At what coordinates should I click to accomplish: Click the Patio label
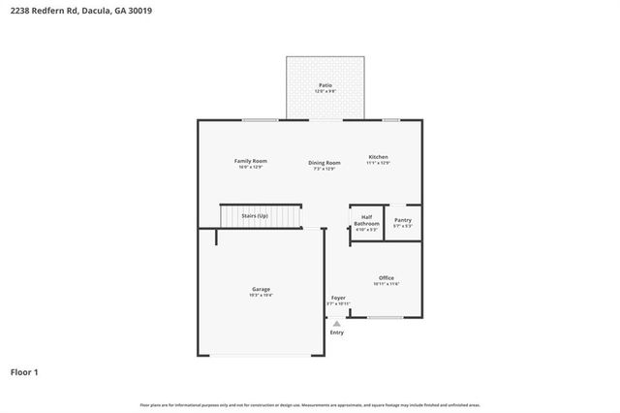(325, 85)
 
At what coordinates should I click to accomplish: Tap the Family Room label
(251, 161)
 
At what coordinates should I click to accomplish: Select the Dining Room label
(325, 163)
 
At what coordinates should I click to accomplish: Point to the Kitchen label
(378, 157)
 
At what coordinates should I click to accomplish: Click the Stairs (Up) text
(255, 215)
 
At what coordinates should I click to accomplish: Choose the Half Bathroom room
(366, 223)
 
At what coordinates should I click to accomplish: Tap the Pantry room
(403, 222)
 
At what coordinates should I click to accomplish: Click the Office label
(386, 278)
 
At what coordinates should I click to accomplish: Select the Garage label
(261, 289)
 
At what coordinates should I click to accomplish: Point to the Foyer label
(338, 298)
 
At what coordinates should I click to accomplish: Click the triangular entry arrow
(337, 323)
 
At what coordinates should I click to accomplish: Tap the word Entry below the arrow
(337, 333)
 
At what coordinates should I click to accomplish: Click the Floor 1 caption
(24, 371)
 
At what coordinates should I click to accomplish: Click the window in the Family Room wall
(261, 120)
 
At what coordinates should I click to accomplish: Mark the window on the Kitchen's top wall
(390, 120)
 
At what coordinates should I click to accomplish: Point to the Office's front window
(385, 317)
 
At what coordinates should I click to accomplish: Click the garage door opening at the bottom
(261, 356)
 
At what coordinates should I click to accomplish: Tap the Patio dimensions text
(325, 92)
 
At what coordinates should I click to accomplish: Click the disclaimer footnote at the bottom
(310, 404)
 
